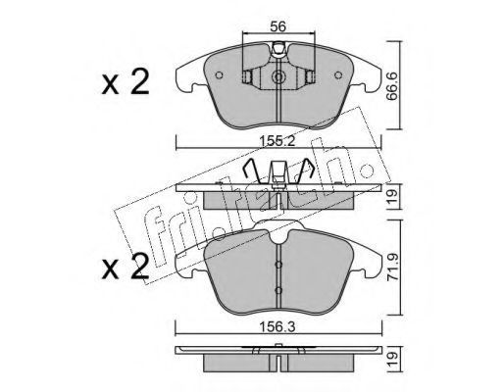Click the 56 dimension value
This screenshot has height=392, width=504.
(278, 26)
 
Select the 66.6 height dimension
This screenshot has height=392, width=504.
(392, 86)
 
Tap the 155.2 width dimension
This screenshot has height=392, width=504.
(277, 141)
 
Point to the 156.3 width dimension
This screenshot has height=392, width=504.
(277, 326)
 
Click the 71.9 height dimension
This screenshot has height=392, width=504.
(392, 267)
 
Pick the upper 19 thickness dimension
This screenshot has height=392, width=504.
(392, 196)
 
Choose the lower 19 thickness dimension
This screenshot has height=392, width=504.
(392, 359)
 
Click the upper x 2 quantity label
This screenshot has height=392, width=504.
(126, 82)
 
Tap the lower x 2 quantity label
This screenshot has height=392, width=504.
(126, 267)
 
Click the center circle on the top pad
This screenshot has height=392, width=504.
(278, 77)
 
